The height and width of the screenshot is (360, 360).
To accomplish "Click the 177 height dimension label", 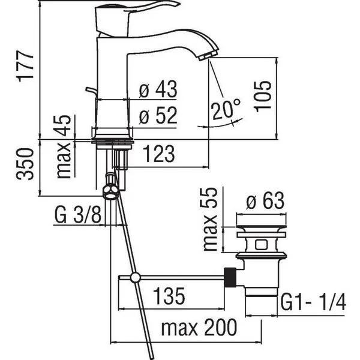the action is pos(25,66).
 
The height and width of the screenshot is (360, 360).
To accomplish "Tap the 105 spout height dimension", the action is pos(262,97).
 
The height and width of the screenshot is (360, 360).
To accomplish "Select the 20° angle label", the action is pos(227,109).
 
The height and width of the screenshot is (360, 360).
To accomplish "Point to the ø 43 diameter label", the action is pos(158,89).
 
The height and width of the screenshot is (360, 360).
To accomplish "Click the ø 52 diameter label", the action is pos(158,115).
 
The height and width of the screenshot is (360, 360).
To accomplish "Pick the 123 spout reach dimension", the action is pos(158,154).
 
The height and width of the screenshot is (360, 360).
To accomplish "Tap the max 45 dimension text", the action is pos(64,146).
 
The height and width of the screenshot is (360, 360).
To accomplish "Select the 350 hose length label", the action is pos(25,164).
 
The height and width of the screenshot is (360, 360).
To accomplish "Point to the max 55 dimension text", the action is pos(211,219).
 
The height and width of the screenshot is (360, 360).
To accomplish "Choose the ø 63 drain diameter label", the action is pos(265,201).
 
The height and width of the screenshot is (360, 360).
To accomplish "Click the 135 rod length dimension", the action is pos(169,296).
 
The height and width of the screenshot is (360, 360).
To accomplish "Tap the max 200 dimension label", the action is pos(199,327).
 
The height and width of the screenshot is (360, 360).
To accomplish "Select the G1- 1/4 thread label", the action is pos(313,303).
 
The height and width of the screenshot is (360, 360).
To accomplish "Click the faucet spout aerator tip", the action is pos(208,55).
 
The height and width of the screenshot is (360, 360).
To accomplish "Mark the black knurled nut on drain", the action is pos(230,277).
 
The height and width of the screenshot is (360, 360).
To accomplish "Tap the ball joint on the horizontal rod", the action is pos(135,278).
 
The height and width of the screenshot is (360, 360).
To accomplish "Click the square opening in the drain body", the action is pos(260,244).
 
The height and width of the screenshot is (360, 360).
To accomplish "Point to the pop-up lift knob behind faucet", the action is pos(91,91).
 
